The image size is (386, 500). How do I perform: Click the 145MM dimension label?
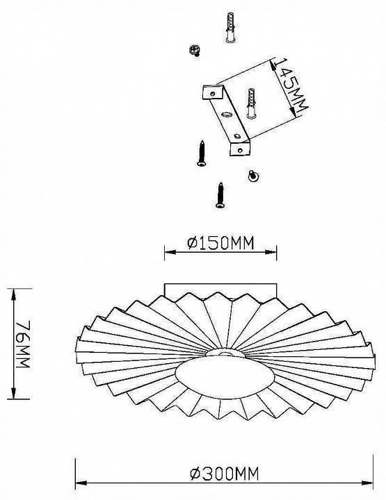click(x=291, y=85)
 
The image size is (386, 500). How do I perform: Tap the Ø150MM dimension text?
click(x=220, y=243)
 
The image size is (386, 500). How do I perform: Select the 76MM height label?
click(x=24, y=344)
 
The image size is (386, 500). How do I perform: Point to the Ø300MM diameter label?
click(x=224, y=474)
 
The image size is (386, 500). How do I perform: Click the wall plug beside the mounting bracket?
click(x=251, y=103)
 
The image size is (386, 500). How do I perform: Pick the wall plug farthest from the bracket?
click(x=230, y=27)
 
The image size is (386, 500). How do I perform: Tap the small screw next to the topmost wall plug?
click(x=195, y=51)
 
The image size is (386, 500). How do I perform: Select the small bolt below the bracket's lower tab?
click(x=253, y=176)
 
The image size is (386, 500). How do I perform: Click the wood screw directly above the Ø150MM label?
click(x=220, y=195)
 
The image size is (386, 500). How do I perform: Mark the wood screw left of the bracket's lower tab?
click(x=202, y=153)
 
